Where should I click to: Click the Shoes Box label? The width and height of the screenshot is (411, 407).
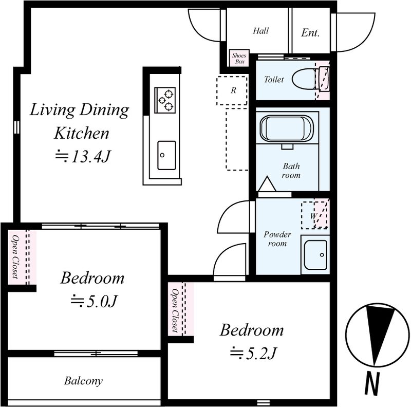click(x=239, y=59)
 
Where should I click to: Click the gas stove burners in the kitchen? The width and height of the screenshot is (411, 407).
click(x=165, y=100)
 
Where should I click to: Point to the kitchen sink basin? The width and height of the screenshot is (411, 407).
click(x=166, y=155)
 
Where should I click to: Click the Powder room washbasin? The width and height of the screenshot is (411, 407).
click(x=315, y=255)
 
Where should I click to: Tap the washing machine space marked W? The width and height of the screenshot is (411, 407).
click(x=314, y=215)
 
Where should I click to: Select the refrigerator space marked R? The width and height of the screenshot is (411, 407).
click(x=232, y=90)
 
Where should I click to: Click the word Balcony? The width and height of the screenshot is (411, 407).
click(x=83, y=381)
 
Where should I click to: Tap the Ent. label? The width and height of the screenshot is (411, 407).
click(x=310, y=33)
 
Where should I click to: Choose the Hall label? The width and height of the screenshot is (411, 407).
click(x=261, y=31)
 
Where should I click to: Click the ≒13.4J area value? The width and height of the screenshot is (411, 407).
click(x=82, y=156)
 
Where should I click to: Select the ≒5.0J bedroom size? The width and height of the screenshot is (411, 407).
click(x=93, y=301)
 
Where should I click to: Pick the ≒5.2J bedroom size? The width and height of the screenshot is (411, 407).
click(x=253, y=353)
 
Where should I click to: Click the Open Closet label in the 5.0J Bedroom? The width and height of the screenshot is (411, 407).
click(x=15, y=256)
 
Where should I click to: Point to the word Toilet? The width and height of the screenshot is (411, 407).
click(x=274, y=79)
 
